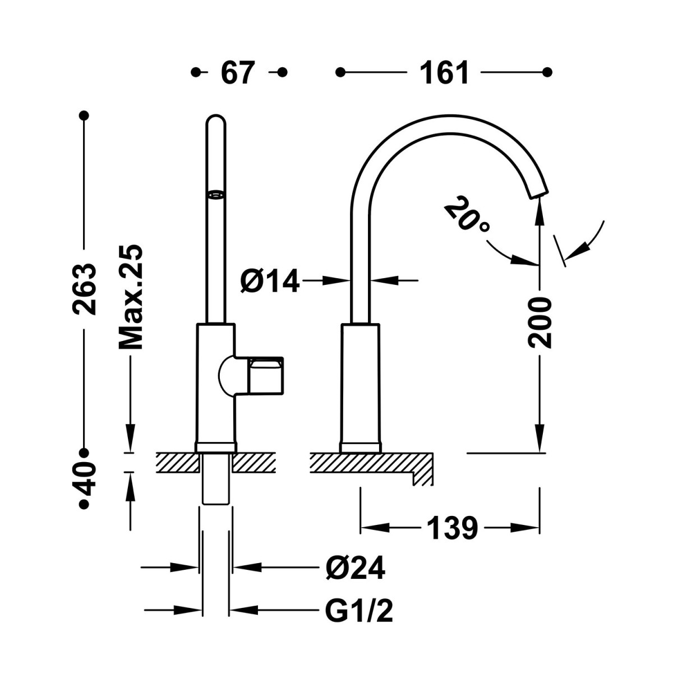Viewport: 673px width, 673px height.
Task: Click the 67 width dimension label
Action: click(238, 73)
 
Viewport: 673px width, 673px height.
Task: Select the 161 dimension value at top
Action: click(444, 73)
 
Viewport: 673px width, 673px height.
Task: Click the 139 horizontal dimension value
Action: click(452, 528)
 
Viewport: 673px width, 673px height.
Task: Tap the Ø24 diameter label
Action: click(355, 569)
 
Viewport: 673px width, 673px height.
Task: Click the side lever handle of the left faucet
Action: click(265, 375)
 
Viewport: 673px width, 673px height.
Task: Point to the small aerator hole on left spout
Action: click(216, 195)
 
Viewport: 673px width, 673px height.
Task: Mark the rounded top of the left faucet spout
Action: click(216, 121)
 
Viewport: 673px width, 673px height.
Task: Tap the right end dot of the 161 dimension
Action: click(548, 72)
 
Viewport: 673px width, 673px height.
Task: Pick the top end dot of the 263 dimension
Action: click(84, 115)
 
